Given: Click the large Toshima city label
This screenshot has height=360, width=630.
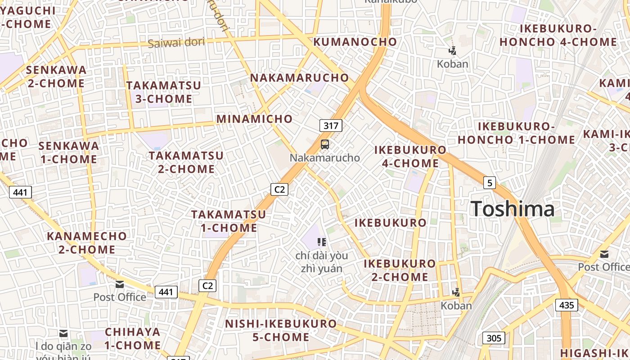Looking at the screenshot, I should coord(513,209).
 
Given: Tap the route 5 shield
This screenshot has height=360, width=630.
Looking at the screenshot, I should coord(490,183).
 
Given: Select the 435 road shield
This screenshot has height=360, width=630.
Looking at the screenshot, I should coord(566,305).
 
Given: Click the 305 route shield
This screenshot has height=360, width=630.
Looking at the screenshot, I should coord(494,338).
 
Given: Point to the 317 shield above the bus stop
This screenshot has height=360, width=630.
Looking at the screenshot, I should coord(331,126).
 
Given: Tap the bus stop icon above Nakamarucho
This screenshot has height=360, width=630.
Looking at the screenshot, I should coord(324,144).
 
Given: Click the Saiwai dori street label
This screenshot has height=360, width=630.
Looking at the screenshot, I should coord(176,43).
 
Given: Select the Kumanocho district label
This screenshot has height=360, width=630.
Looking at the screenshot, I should coord(355,42).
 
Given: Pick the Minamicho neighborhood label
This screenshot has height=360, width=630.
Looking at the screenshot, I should coord(254,119).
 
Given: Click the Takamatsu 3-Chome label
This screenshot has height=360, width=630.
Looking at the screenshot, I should coord(163,92).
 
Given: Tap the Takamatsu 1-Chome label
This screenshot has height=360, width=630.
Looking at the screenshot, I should coord(229,221).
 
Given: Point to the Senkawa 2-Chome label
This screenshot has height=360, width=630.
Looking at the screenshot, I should coord(56,76).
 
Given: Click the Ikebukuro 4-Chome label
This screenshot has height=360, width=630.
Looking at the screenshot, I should coord(410,156).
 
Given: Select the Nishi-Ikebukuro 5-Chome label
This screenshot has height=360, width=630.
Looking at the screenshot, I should coord(281,330).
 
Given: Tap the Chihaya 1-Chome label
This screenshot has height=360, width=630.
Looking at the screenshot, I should coord(133,338).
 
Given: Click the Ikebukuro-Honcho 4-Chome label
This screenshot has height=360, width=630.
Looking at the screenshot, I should coord(558,35).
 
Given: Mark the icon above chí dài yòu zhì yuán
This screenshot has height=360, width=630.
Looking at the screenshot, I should coord(321,242).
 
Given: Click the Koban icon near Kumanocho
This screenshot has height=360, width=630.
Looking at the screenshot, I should coord(452,50).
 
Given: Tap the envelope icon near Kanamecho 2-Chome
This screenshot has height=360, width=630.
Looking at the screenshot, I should coord(120,284).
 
